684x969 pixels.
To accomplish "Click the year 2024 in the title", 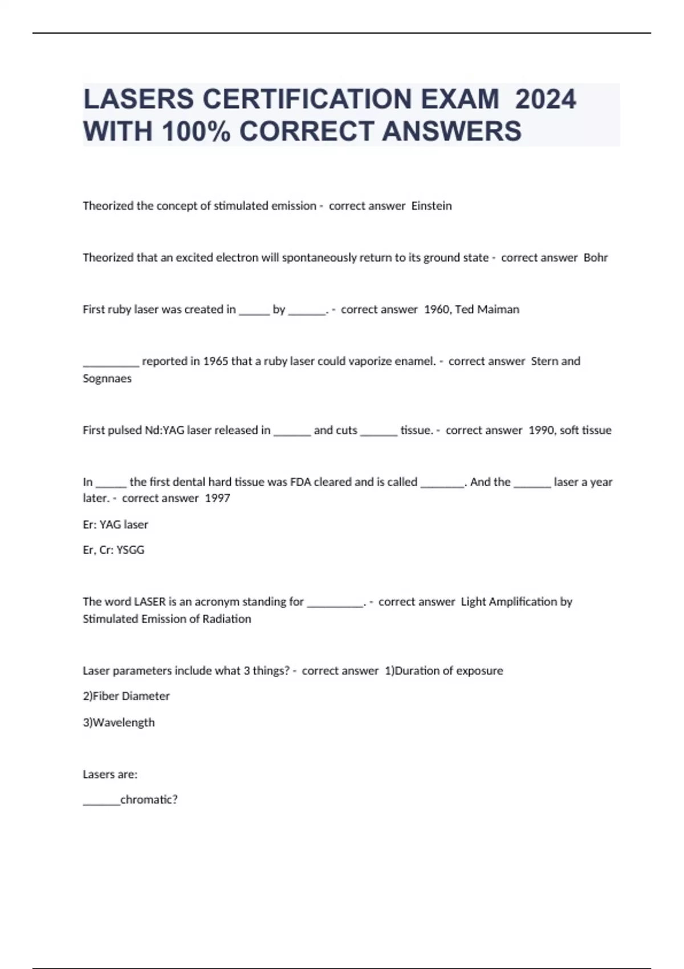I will point(545,99).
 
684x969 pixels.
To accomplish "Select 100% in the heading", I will point(196,131).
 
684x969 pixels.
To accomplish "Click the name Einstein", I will point(431,206).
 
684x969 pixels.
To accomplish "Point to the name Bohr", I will point(596,258).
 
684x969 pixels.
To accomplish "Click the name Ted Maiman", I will point(487,310).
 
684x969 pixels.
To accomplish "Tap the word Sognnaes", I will point(107,378).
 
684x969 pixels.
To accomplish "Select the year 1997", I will point(218,498).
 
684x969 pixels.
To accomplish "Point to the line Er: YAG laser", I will point(115,524).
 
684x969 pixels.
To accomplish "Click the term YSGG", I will point(131,550).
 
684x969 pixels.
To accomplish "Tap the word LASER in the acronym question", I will point(150,602).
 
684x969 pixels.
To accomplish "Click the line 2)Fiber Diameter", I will point(126,696).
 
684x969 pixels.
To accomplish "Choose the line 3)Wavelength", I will point(119,722).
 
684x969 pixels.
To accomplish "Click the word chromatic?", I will point(149,800).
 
